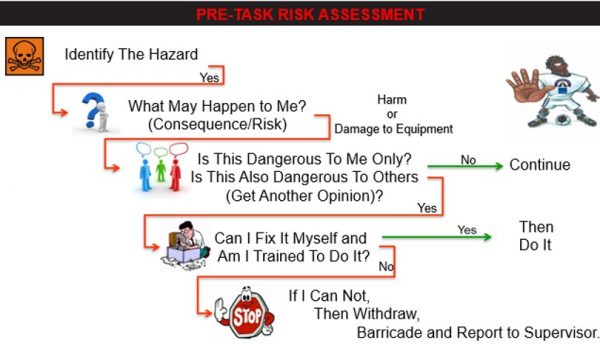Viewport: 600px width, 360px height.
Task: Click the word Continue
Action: click(539, 165)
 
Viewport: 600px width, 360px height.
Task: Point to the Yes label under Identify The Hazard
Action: click(208, 76)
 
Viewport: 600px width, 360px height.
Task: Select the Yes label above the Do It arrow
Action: click(466, 229)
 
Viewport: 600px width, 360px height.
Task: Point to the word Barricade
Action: click(392, 332)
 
